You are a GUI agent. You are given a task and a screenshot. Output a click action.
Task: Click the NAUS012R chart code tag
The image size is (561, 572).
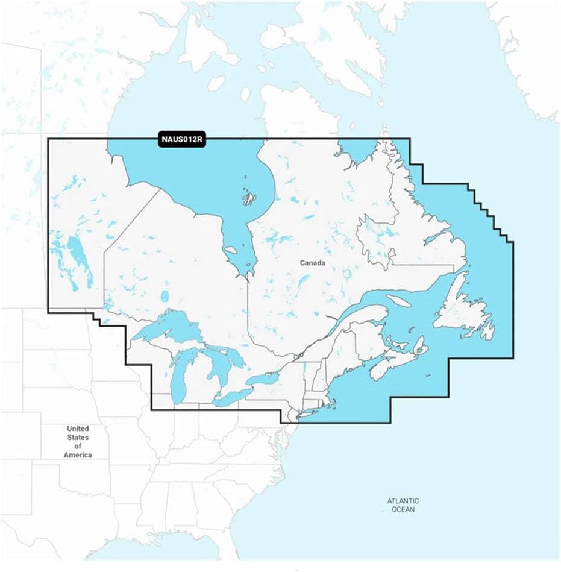183,140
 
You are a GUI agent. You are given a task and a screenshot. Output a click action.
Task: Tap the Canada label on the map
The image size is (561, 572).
313,263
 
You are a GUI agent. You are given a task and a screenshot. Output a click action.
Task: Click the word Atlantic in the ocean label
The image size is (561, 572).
403,501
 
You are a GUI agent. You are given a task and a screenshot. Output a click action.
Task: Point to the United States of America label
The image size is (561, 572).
78,441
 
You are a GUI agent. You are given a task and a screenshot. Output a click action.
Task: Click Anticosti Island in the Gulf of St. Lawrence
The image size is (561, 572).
398,300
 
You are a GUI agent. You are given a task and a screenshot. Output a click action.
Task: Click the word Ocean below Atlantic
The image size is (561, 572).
403,510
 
